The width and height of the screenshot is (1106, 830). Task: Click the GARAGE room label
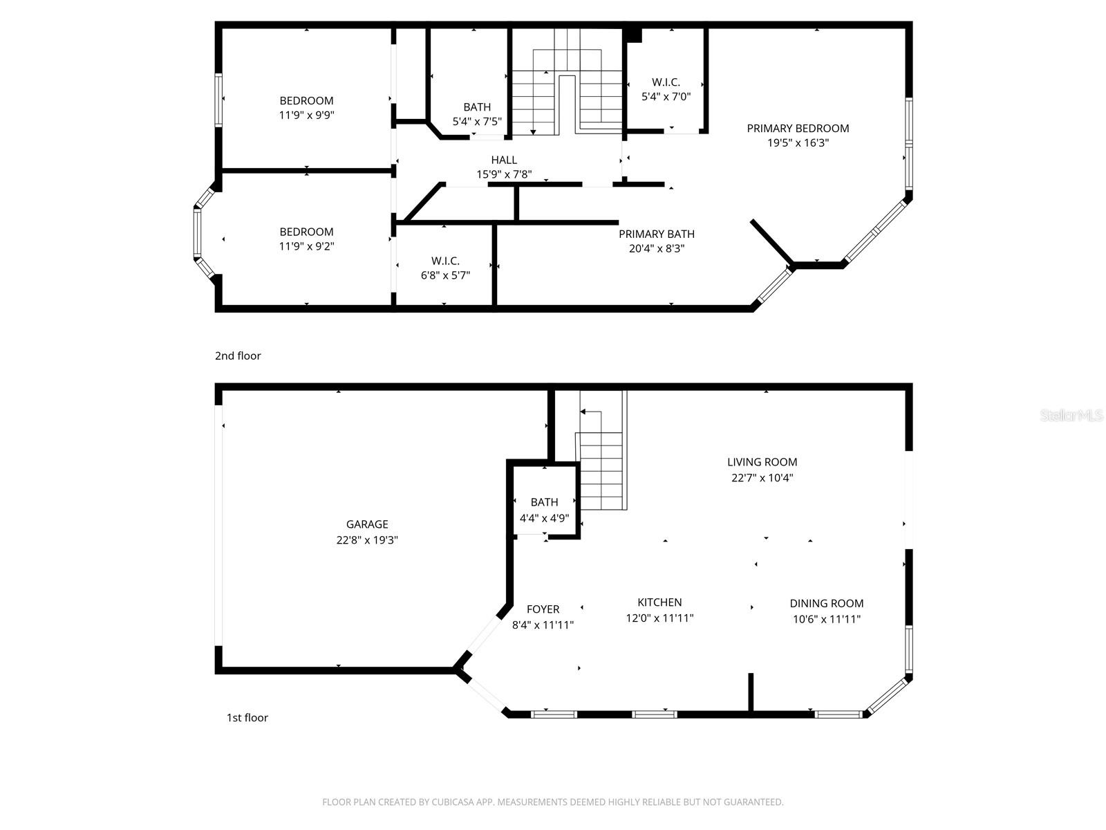point(367,524)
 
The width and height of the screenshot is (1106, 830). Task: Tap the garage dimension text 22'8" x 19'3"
point(367,540)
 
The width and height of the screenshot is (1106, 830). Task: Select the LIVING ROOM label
point(762,462)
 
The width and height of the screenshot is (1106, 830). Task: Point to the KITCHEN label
point(659,602)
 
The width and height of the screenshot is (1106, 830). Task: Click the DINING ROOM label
point(827,603)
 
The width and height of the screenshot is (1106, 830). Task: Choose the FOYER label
point(543,609)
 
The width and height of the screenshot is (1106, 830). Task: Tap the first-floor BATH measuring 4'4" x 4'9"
point(544,502)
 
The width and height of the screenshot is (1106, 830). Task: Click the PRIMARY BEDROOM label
point(798,128)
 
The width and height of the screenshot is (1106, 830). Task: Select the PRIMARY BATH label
point(656,234)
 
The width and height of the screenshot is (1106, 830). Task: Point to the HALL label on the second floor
point(504,160)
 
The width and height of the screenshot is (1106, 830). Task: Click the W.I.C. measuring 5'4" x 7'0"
point(666,82)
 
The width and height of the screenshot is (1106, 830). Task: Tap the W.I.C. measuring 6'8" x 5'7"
point(445,261)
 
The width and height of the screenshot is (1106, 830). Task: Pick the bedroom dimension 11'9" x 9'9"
point(306,116)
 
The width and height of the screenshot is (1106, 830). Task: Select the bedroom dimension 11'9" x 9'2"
point(306,246)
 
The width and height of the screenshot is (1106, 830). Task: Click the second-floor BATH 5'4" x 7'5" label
point(477,107)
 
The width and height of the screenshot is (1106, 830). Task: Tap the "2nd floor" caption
point(238,356)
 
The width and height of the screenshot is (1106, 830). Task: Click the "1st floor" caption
point(247,717)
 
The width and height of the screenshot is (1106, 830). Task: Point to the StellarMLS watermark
point(1072,416)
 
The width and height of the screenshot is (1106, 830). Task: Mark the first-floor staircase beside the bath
point(601,470)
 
